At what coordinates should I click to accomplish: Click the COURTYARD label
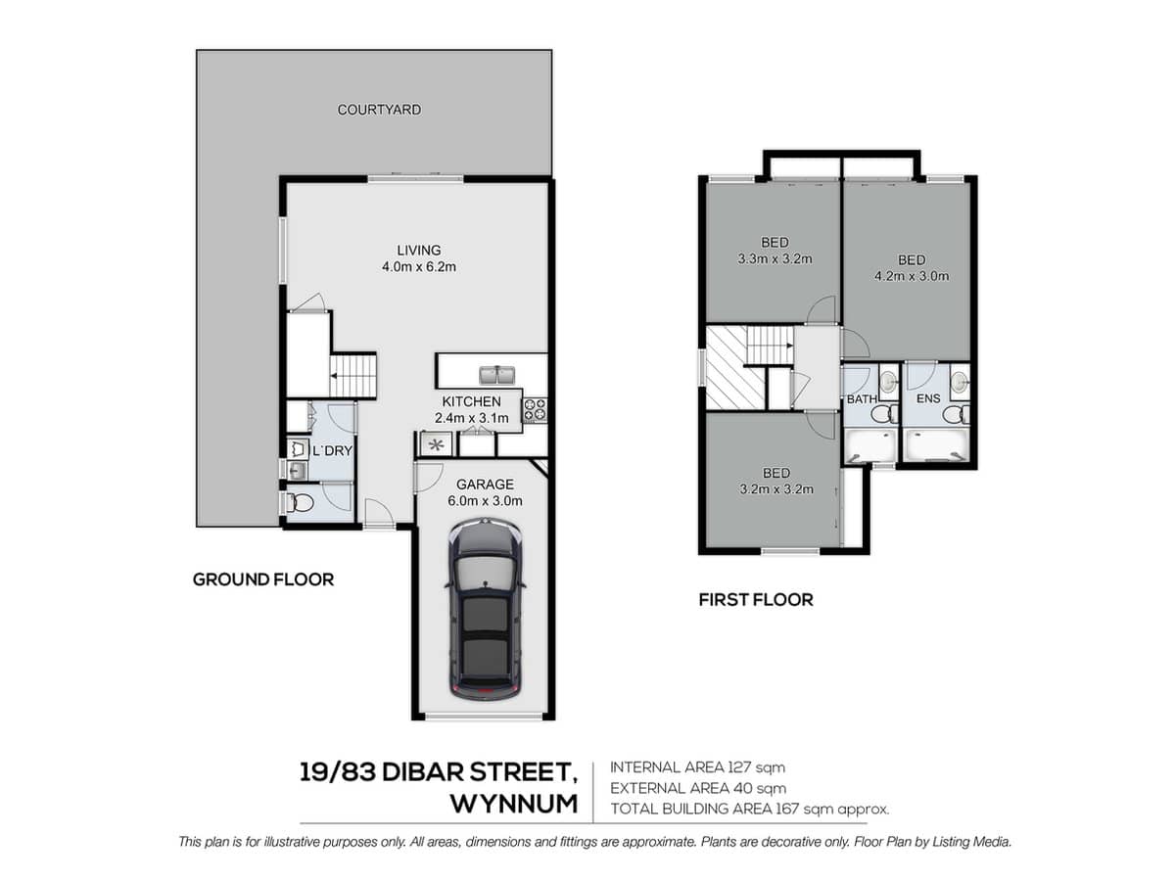(x=379, y=110)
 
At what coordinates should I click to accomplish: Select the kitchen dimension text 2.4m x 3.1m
(x=471, y=419)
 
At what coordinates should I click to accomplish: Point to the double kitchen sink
(x=498, y=374)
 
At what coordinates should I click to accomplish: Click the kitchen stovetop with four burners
(x=535, y=408)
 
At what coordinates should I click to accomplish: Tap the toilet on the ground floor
(x=299, y=503)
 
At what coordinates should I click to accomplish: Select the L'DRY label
(x=332, y=450)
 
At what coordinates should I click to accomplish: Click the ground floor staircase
(x=352, y=376)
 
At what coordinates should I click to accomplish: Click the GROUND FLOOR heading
(x=262, y=580)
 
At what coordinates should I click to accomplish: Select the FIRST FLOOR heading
(x=755, y=599)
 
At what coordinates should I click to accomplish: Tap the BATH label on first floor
(x=862, y=399)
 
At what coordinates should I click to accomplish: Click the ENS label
(x=926, y=399)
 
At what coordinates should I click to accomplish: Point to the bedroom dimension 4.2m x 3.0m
(x=911, y=276)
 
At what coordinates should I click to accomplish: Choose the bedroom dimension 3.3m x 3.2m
(x=775, y=259)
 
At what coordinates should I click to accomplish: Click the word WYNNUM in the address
(x=513, y=804)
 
